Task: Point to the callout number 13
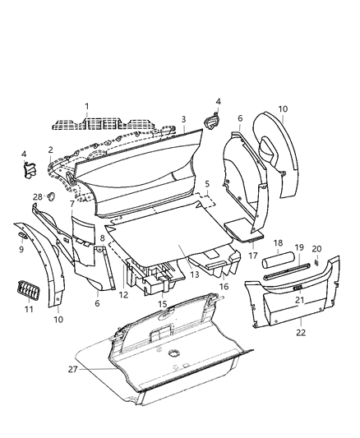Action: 195,274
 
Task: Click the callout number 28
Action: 38,196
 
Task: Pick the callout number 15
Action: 162,304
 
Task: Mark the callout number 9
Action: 22,249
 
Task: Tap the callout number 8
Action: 102,238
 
